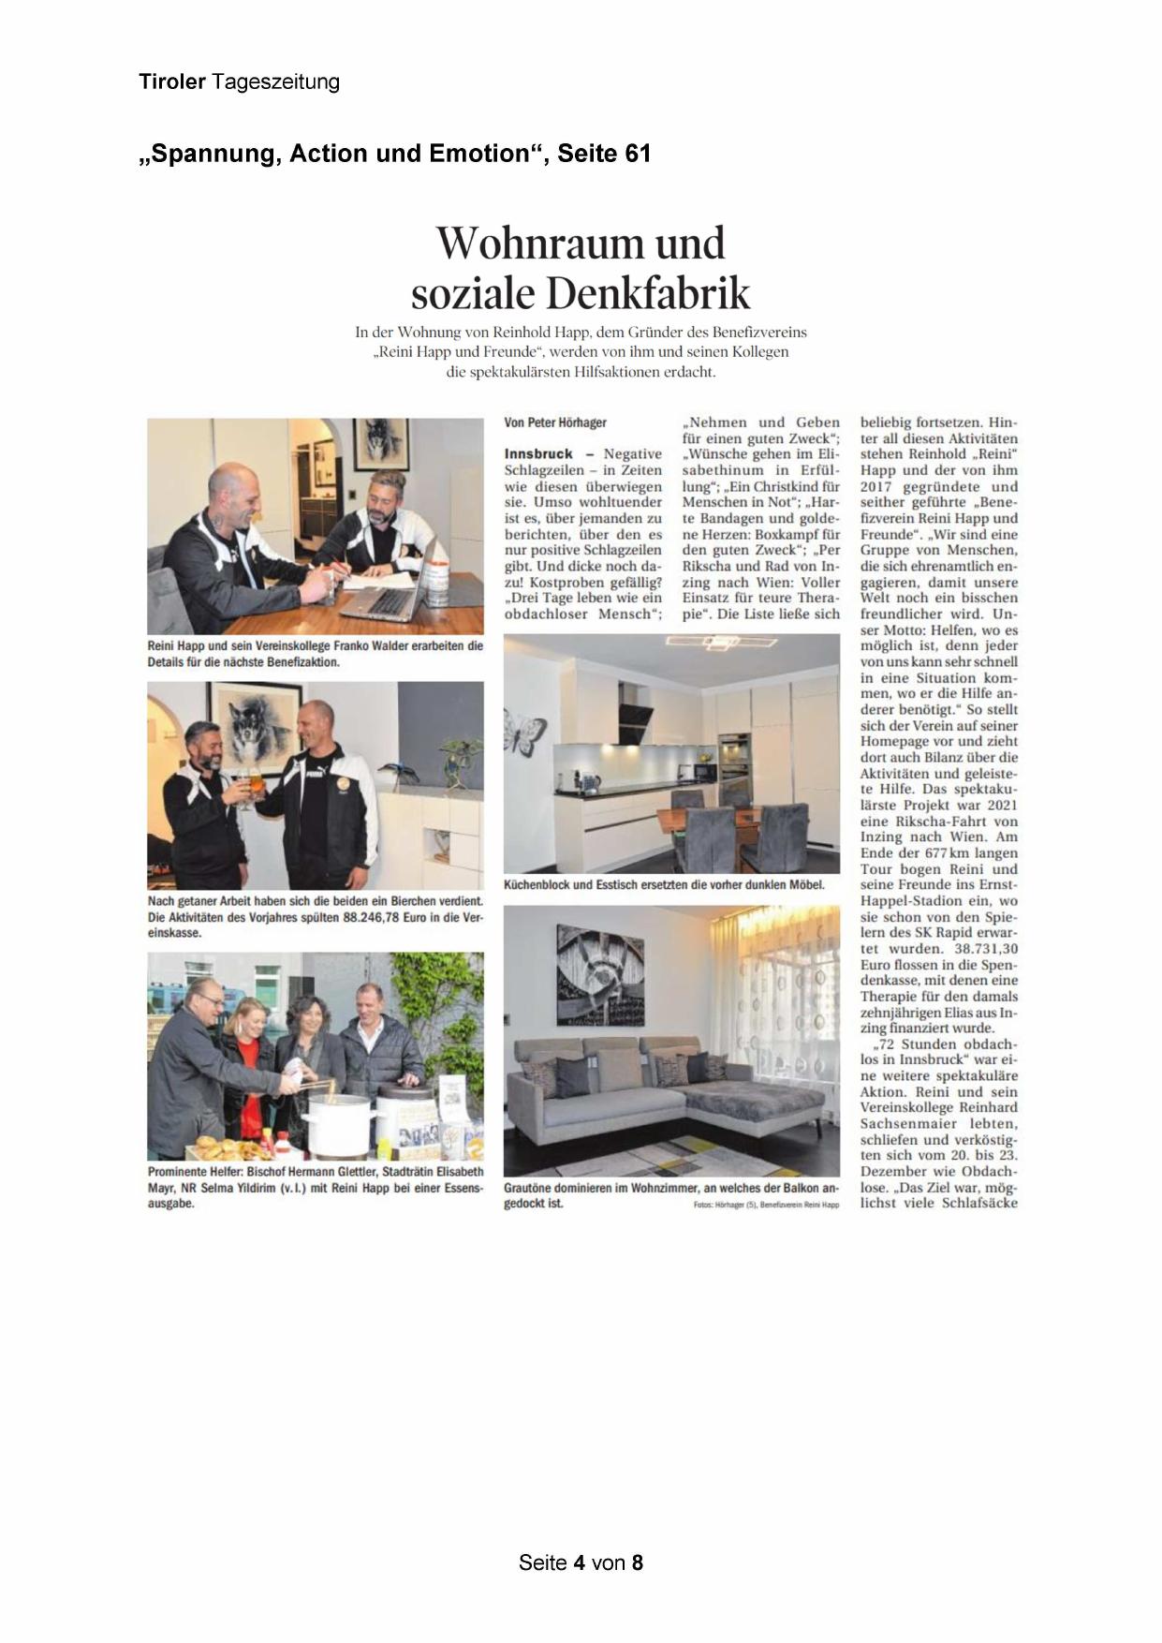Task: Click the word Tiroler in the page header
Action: click(x=172, y=82)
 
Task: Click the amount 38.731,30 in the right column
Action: click(x=986, y=949)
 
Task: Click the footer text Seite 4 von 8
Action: click(x=581, y=1563)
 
